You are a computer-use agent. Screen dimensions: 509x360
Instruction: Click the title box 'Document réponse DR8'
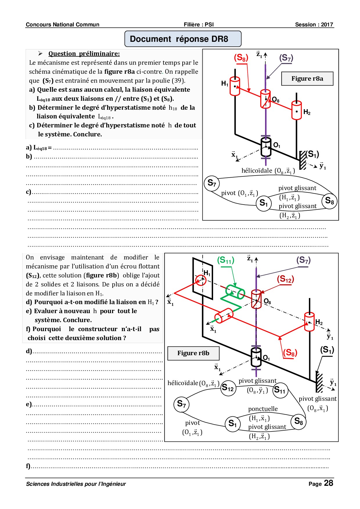183,39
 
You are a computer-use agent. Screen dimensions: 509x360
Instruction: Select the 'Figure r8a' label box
307,79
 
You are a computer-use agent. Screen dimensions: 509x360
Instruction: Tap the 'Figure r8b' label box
193,353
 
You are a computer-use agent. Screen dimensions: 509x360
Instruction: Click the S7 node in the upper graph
212,183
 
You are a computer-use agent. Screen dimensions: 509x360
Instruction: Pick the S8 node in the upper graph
330,201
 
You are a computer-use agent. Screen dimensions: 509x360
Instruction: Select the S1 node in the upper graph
264,203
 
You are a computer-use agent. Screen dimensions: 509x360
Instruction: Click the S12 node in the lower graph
228,388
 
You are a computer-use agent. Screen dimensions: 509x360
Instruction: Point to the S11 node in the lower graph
280,390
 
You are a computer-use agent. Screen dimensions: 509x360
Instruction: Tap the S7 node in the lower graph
181,404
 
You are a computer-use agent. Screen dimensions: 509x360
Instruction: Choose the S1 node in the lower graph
233,424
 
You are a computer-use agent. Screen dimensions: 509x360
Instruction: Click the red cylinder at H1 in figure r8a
235,86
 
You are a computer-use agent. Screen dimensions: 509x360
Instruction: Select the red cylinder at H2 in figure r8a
296,110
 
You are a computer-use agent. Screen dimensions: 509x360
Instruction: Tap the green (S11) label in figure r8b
226,260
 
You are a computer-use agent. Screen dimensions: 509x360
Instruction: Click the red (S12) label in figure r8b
285,279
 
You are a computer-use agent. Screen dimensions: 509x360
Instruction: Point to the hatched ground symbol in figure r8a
303,160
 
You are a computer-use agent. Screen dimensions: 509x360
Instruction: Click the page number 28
328,483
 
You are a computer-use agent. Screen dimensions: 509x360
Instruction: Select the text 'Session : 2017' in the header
314,25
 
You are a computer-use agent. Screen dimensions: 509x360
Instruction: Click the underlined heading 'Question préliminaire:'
84,54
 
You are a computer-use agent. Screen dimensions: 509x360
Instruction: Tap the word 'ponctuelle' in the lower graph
263,409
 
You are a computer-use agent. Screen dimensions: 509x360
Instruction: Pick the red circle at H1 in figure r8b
200,280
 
